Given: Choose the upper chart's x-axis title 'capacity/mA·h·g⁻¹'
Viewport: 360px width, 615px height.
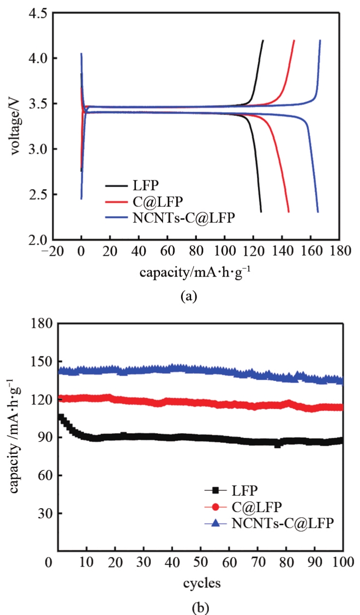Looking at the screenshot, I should (x=195, y=272).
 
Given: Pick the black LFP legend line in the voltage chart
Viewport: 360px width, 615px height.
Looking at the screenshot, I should (x=116, y=185).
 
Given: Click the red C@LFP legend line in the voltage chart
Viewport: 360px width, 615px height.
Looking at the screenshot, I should (x=116, y=201).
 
